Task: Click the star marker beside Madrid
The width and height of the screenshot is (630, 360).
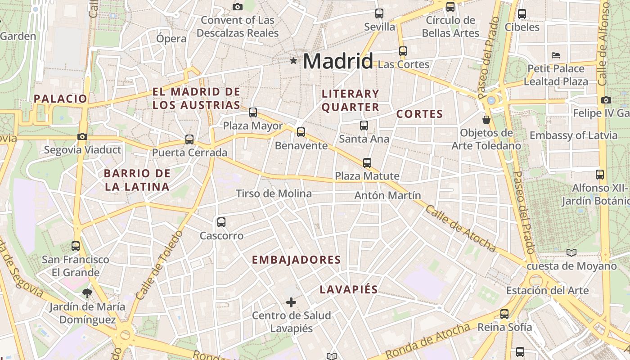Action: (293, 60)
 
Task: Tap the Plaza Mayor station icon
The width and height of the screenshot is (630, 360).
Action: (253, 112)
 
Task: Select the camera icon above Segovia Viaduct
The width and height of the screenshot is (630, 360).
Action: (82, 136)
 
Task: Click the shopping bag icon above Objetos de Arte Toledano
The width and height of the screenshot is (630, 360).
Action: (486, 120)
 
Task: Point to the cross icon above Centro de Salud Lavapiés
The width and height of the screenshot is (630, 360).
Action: (291, 302)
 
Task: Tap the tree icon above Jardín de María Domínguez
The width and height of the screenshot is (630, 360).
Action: (87, 294)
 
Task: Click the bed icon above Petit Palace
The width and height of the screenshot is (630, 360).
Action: (556, 55)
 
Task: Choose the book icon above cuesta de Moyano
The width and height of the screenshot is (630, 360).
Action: (571, 253)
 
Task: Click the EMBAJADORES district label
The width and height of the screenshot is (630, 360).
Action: (296, 260)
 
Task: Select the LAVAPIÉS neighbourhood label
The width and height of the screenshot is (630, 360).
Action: (349, 290)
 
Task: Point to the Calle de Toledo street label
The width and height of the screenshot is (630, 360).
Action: (160, 265)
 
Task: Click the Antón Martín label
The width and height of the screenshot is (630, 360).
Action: (387, 195)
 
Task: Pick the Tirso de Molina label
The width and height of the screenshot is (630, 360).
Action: (274, 193)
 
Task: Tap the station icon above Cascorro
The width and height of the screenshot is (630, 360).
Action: (221, 222)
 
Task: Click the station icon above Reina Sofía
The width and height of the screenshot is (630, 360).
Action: (504, 314)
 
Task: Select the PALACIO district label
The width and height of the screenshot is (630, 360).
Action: (60, 99)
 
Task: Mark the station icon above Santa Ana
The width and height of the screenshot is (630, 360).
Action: (364, 126)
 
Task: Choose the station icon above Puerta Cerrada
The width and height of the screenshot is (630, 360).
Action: (189, 139)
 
